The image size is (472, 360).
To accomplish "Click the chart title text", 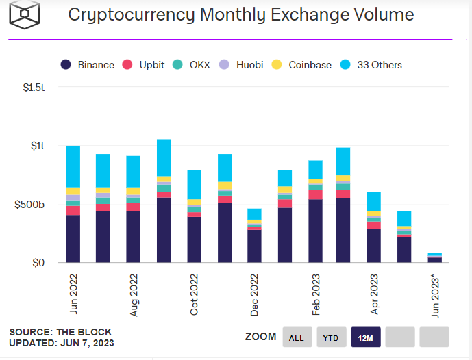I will (x=240, y=14).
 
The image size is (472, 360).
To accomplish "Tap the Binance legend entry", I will (x=88, y=65).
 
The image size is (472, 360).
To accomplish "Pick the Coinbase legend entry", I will (x=302, y=65).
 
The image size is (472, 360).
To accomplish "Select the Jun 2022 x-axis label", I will (x=73, y=294).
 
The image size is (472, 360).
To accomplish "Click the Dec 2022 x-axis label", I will (x=254, y=294).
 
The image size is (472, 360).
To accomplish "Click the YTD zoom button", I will (x=331, y=337).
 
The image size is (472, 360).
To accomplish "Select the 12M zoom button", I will (x=365, y=337).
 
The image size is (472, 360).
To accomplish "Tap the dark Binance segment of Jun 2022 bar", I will (x=73, y=239).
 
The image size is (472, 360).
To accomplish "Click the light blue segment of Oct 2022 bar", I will (x=194, y=184).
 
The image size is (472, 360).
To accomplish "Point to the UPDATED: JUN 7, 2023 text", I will (x=62, y=343).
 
